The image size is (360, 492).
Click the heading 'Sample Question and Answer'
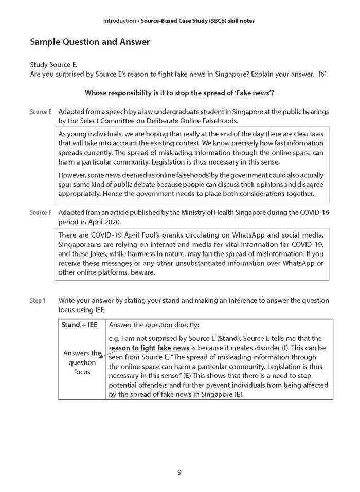(90, 42)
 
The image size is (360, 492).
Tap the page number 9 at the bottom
(179, 472)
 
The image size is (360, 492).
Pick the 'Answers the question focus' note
(82, 362)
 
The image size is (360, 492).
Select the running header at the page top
(179, 21)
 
